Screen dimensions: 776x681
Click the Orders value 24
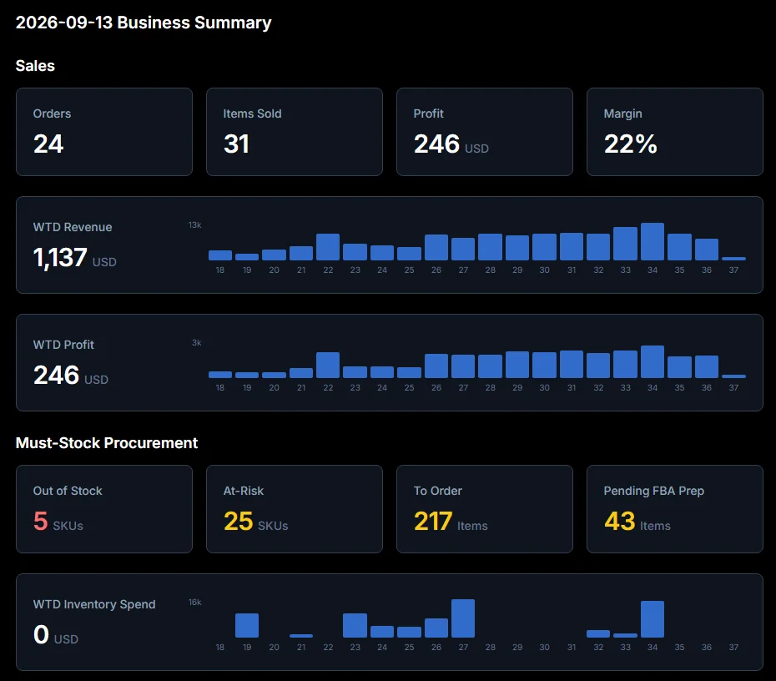click(48, 144)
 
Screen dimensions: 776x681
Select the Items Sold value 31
click(236, 144)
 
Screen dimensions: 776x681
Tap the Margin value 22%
click(631, 144)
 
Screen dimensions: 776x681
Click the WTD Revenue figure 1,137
click(60, 257)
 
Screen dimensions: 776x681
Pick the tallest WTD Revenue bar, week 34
click(653, 241)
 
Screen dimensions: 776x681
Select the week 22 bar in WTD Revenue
click(328, 247)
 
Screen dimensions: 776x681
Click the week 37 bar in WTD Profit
click(733, 376)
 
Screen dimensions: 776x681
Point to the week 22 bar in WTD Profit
click(328, 366)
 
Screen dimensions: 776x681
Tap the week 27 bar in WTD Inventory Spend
click(463, 618)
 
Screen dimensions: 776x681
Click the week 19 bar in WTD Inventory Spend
click(246, 626)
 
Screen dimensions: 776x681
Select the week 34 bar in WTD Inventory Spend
click(653, 619)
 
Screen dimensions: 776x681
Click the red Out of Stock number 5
click(41, 521)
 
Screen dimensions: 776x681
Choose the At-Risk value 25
click(238, 521)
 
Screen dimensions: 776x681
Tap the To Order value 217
click(432, 521)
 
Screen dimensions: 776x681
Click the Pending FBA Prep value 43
click(620, 521)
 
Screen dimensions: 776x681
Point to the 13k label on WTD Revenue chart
click(194, 225)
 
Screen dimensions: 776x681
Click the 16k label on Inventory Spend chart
click(194, 603)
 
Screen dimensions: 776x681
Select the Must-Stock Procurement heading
click(107, 443)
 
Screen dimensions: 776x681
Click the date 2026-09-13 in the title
click(64, 23)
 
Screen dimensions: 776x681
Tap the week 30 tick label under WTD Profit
click(544, 387)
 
